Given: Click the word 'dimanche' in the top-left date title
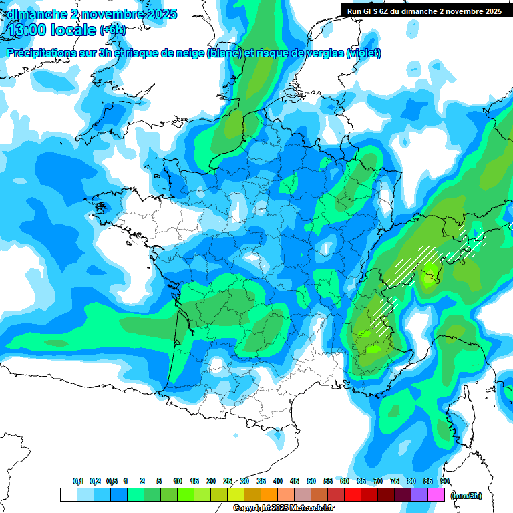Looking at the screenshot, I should coord(31,14).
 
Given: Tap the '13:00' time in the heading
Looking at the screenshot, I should coord(27,30).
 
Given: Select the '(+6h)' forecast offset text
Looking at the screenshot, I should coord(112,31).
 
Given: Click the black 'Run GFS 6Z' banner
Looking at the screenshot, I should coord(421,11).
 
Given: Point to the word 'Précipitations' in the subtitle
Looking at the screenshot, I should coord(41,53).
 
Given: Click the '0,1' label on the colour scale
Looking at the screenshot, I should coord(77,482).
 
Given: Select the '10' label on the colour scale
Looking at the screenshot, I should coord(178,482).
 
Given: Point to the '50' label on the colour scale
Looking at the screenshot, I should coord(311,482).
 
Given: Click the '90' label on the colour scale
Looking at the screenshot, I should coord(444,482).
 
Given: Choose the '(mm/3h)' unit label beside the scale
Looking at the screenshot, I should coord(466,496).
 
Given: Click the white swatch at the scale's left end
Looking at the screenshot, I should coord(68,495).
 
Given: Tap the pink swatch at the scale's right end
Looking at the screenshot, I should coord(436,495).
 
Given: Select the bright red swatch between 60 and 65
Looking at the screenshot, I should coord(352,495).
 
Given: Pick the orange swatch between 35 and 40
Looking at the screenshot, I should coord(269,495).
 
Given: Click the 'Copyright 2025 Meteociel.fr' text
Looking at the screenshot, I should coord(283,508).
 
